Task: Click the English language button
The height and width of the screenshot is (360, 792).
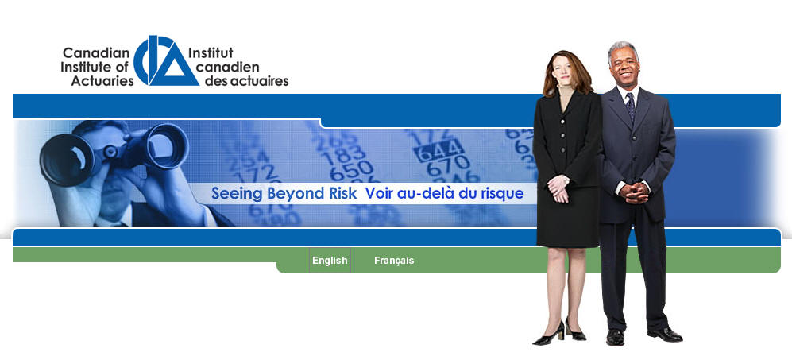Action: pos(330,261)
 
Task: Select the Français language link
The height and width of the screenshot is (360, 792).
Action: pos(394,261)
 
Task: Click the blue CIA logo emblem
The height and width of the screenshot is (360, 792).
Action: pos(166,60)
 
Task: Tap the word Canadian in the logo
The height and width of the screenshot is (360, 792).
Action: pos(96,52)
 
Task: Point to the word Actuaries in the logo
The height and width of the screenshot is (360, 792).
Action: pos(102,80)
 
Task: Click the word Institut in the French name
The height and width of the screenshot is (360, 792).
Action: pos(211,52)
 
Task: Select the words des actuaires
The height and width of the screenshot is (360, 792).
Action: pos(246,80)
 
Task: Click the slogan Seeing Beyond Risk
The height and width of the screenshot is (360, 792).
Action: pos(284,193)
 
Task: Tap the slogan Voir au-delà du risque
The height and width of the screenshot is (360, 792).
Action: pos(445,193)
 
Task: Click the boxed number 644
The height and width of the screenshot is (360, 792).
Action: pos(439,149)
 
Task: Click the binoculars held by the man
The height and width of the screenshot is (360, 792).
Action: pos(114,151)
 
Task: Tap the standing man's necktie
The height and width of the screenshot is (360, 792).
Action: pos(631,106)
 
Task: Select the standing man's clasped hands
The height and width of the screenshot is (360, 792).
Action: pos(634,192)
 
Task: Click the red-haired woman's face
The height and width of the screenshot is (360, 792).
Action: pos(564,71)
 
